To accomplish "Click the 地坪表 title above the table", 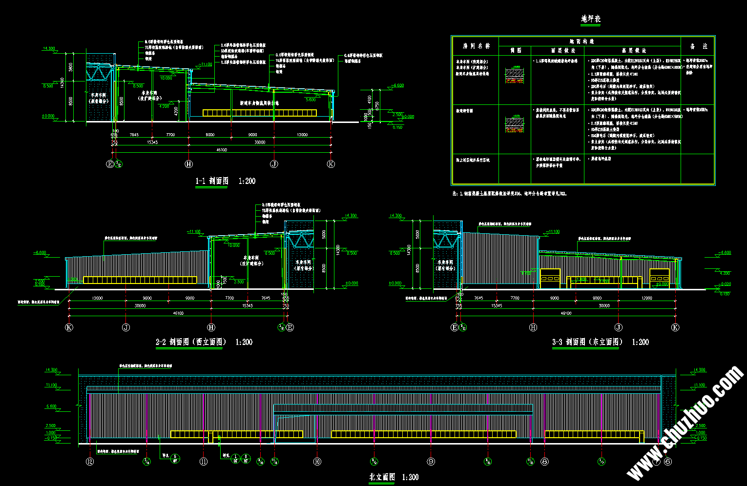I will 590,19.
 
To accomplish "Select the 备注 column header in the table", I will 698,46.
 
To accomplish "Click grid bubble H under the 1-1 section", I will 189,164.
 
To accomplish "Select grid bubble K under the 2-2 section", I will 69,327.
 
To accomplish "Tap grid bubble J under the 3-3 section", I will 619,327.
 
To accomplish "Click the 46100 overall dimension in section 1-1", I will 221,150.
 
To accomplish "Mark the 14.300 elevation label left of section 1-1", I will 49,49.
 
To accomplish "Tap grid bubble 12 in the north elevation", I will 90,461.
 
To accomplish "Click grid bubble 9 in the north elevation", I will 431,461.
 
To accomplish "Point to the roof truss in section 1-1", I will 100,73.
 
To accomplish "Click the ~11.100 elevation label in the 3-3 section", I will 551,232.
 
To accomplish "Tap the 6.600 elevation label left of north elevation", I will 51,406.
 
